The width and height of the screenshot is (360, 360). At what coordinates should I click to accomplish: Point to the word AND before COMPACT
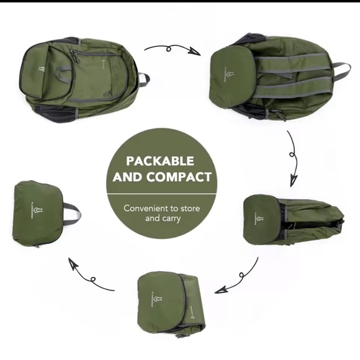(x=128, y=177)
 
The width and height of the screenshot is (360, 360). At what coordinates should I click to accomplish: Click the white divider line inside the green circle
(x=161, y=193)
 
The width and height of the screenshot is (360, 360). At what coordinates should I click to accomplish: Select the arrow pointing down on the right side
(x=294, y=158)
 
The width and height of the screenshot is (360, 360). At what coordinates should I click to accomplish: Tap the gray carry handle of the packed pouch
(x=71, y=214)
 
